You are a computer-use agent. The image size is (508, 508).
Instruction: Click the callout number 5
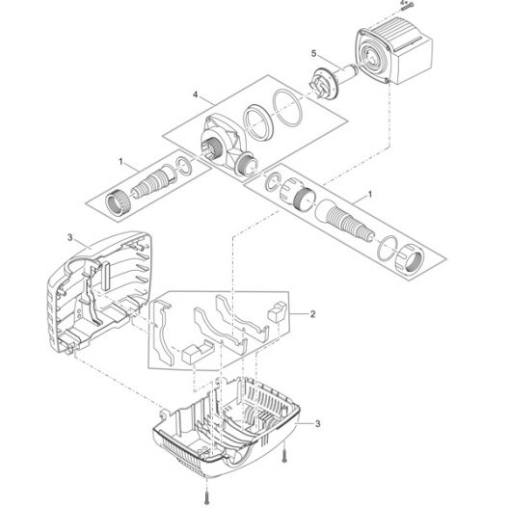[x=313, y=54]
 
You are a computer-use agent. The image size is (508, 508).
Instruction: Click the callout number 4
[x=196, y=94]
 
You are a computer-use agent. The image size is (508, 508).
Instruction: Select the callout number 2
[x=312, y=314]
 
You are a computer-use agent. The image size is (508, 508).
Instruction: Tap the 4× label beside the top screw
[x=403, y=3]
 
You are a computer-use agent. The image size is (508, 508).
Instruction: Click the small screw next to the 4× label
[x=407, y=7]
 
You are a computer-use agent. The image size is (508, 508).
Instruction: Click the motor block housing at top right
[x=393, y=53]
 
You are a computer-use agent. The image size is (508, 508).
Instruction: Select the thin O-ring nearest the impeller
[x=288, y=108]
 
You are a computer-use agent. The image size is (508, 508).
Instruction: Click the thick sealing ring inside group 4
[x=258, y=122]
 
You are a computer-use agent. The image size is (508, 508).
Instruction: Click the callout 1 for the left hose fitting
[x=121, y=161]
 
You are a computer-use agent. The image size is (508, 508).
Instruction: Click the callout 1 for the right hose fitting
[x=369, y=195]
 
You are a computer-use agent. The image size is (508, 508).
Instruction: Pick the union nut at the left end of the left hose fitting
[x=118, y=202]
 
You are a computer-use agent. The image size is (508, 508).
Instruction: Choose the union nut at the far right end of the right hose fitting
[x=409, y=260]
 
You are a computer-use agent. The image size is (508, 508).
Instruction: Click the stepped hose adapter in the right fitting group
[x=344, y=220]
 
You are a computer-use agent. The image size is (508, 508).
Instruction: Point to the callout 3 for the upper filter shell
[x=70, y=238]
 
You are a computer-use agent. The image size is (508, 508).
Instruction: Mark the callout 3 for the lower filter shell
[x=318, y=424]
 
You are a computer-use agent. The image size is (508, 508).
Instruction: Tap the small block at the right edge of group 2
[x=278, y=311]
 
